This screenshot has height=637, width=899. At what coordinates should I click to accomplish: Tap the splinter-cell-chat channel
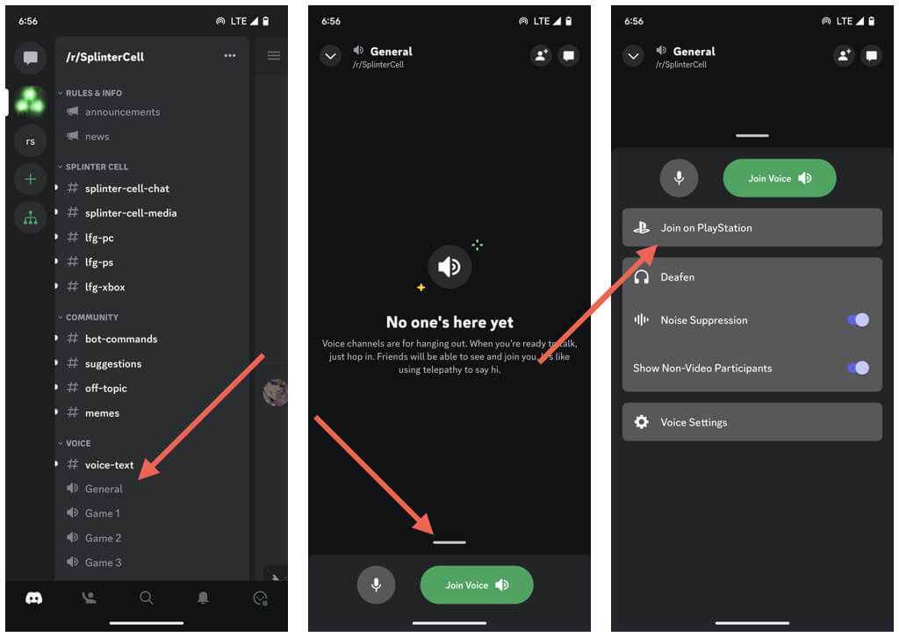(x=126, y=189)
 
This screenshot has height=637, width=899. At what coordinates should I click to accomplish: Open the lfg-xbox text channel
(x=105, y=287)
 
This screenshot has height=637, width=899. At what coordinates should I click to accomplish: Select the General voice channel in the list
(x=104, y=489)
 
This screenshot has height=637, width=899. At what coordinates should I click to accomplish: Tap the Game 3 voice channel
(x=104, y=562)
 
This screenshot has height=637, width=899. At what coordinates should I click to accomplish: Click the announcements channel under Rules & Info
(x=122, y=112)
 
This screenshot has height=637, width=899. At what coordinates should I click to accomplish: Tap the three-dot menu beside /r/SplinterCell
(x=230, y=55)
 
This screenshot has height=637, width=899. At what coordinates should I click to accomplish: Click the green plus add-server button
(x=31, y=179)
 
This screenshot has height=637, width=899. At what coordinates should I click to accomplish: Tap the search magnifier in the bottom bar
(x=147, y=598)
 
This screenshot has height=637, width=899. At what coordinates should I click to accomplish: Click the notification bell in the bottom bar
(x=203, y=598)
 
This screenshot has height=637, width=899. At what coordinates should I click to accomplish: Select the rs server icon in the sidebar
(x=31, y=141)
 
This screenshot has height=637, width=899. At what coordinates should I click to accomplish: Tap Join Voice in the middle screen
(x=477, y=585)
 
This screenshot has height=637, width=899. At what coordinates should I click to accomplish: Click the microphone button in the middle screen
(x=376, y=585)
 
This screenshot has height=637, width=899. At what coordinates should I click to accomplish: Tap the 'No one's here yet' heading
(x=449, y=323)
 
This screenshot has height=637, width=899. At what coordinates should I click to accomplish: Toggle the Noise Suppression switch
(x=858, y=320)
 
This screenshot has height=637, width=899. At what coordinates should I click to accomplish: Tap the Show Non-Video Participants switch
(x=858, y=368)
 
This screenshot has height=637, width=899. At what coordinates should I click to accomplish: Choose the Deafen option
(x=677, y=277)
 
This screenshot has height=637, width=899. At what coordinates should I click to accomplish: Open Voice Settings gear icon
(x=641, y=422)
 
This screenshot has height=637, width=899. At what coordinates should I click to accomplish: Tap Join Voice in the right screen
(x=780, y=178)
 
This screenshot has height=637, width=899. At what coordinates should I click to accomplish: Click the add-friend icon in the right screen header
(x=844, y=55)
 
